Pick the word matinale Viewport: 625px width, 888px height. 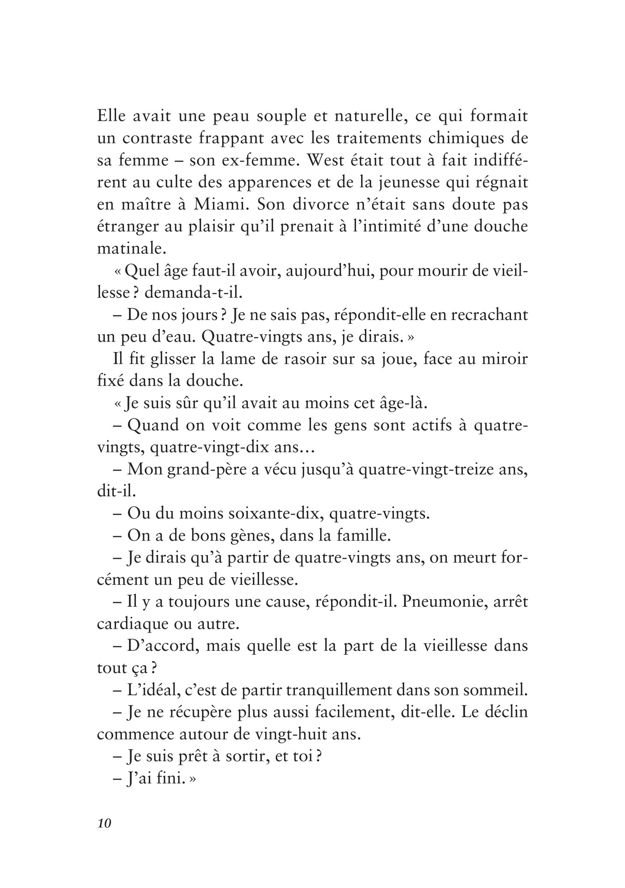click(x=131, y=249)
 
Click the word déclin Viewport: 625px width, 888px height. click(x=505, y=713)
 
